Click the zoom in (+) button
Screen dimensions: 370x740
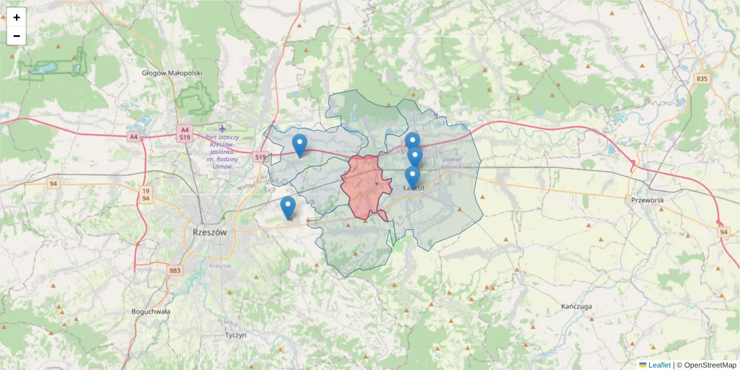click(17, 17)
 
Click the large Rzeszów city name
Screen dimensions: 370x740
click(210, 232)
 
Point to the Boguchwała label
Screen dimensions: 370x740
click(150, 311)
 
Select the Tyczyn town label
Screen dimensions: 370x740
click(236, 335)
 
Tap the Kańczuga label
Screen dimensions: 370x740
click(577, 306)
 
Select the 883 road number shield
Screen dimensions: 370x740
click(175, 270)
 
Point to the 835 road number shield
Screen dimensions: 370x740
click(702, 79)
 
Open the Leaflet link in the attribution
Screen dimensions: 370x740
click(659, 365)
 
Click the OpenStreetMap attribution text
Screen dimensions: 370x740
click(710, 365)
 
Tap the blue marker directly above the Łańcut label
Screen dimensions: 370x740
click(413, 177)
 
